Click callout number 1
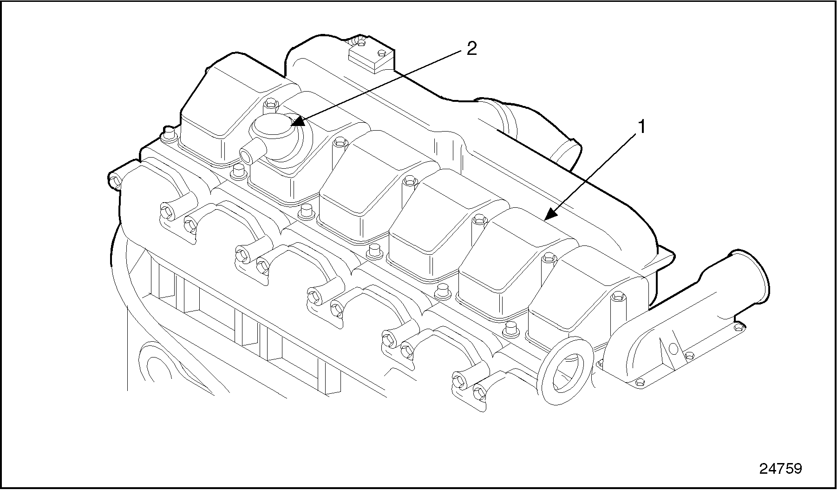pyautogui.click(x=641, y=126)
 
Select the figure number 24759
pyautogui.click(x=781, y=468)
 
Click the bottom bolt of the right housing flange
pyautogui.click(x=639, y=382)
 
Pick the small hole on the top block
pyautogui.click(x=382, y=52)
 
